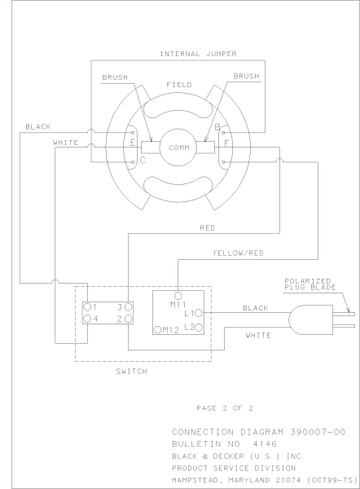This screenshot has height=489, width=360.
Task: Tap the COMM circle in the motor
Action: (179, 148)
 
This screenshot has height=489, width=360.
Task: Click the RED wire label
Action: (208, 228)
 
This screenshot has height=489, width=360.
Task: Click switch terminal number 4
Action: (94, 319)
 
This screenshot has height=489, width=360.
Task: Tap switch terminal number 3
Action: (120, 306)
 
